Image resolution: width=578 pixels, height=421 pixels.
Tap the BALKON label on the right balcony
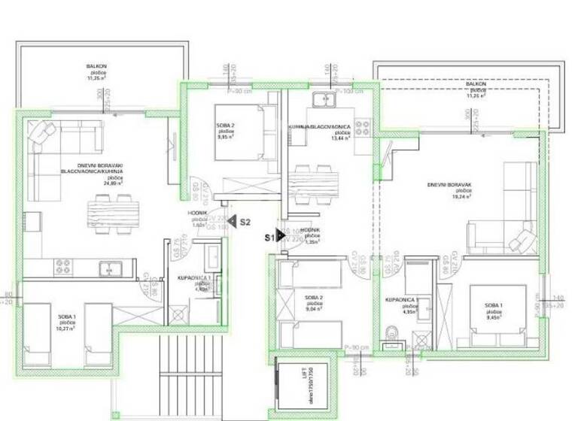475,85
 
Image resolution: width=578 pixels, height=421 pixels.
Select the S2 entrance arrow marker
234,222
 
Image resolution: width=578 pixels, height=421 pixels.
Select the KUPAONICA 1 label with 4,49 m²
189,279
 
